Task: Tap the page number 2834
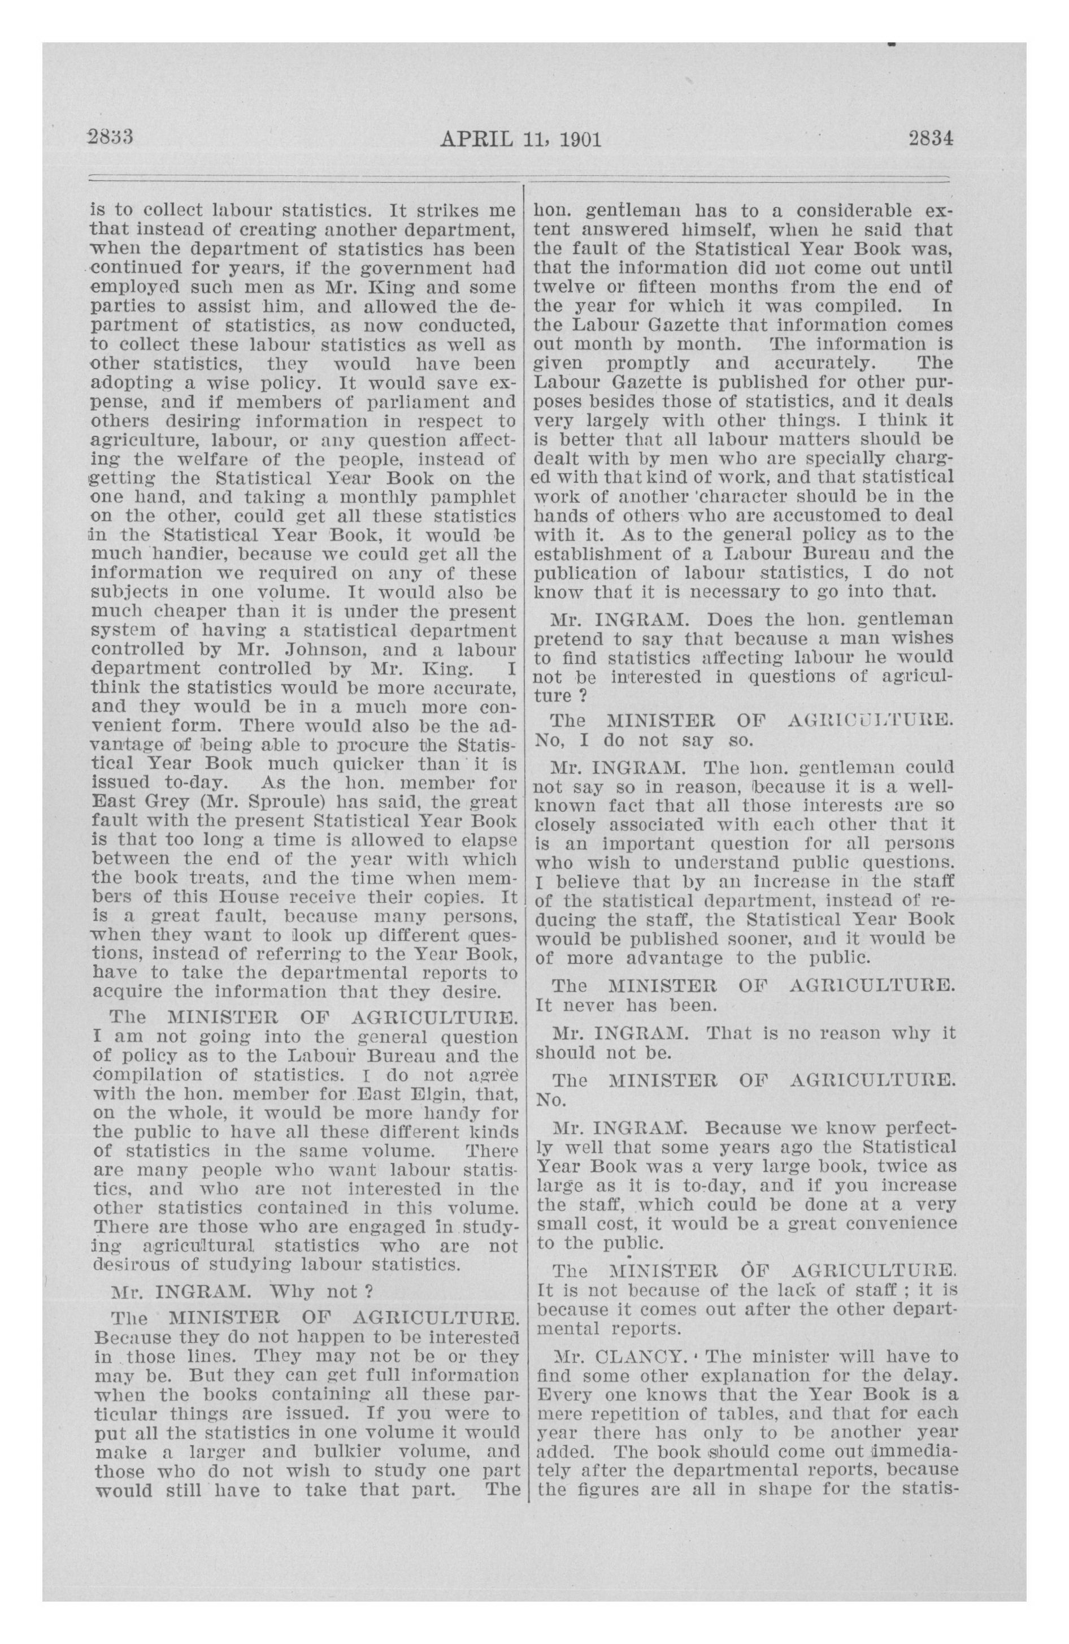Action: tap(930, 139)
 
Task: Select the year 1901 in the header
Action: tap(579, 140)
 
